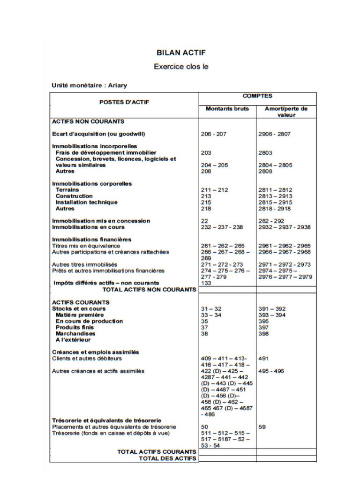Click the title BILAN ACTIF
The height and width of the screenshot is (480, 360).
point(181,53)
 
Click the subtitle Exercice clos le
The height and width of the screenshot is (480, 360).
point(181,67)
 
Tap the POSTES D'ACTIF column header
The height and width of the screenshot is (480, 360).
point(124,102)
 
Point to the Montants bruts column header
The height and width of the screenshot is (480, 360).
point(227,109)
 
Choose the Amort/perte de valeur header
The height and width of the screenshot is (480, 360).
point(286,112)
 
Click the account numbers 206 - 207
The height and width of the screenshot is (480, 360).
point(213,134)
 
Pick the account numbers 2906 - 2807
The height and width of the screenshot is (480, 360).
point(274,134)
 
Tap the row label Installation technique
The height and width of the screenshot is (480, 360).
point(86,202)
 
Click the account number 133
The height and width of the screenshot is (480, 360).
point(206,283)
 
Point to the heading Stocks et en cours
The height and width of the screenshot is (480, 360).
point(78,309)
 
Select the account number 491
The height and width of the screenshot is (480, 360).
point(263,359)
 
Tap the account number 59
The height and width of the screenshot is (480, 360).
point(262,427)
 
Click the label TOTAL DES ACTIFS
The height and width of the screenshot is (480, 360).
point(167,458)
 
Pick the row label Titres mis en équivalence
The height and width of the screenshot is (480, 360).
point(86,246)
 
